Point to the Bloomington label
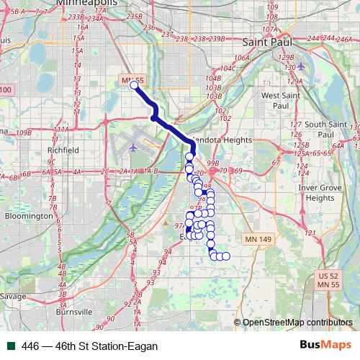[30, 215]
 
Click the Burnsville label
[73, 312]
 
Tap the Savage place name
[13, 296]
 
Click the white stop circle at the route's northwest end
[134, 86]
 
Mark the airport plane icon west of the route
[134, 147]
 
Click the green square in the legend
[11, 346]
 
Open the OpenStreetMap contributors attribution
[297, 322]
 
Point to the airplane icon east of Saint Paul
[300, 66]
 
